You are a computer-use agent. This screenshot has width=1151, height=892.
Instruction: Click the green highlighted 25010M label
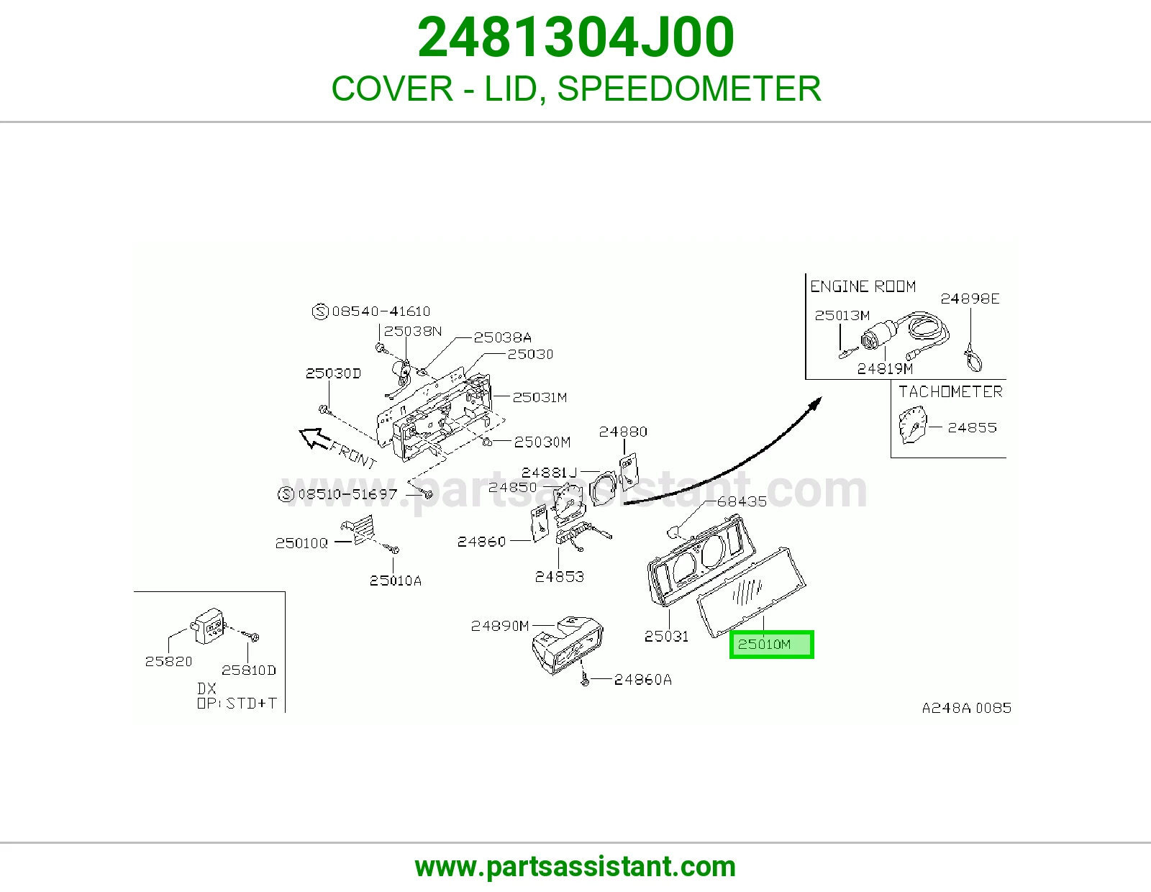(771, 645)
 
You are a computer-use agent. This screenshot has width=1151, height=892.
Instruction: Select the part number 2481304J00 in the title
(575, 37)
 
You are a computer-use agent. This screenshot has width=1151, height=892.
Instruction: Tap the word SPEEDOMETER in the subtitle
(689, 88)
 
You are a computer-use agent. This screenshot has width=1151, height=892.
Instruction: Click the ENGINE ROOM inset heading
(863, 286)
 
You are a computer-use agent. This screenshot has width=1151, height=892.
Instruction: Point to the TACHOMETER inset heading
(950, 392)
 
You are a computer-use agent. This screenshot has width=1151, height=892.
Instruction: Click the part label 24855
(972, 427)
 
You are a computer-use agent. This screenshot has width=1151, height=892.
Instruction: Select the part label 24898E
(970, 299)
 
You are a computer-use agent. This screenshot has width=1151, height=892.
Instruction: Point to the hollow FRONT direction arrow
(315, 439)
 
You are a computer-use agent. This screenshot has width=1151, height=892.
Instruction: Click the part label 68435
(742, 501)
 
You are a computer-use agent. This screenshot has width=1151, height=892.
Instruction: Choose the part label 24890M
(500, 626)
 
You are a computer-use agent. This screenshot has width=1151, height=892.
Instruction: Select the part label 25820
(168, 662)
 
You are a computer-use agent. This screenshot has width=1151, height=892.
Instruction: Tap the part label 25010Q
(301, 543)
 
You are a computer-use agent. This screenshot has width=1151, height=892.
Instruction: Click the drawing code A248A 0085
(967, 708)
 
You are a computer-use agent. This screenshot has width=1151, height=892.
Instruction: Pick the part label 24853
(560, 577)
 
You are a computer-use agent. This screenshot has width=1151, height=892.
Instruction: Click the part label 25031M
(540, 397)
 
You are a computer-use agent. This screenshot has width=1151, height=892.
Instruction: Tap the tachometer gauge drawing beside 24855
(913, 425)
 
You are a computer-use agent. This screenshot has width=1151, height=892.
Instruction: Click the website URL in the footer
(575, 867)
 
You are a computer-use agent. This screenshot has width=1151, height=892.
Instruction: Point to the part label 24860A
(643, 680)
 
